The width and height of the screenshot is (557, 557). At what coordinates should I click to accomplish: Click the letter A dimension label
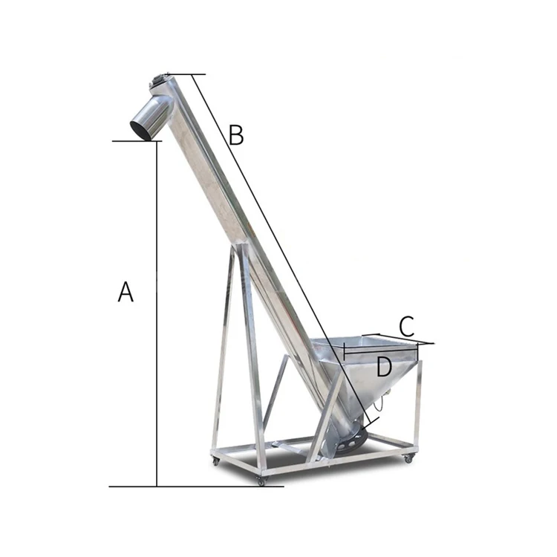click(x=126, y=292)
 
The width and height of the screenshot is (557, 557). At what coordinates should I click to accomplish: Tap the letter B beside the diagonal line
click(x=236, y=134)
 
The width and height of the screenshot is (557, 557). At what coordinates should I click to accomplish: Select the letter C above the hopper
click(x=407, y=326)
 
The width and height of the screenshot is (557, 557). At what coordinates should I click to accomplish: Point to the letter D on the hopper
click(x=384, y=367)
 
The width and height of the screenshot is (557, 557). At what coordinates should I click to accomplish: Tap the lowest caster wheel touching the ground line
click(x=261, y=481)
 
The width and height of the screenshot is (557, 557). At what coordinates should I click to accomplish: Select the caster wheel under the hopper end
click(x=409, y=459)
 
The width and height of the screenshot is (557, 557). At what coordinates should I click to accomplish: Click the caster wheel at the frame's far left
click(x=215, y=460)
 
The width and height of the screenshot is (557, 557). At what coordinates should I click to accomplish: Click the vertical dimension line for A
click(x=157, y=313)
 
